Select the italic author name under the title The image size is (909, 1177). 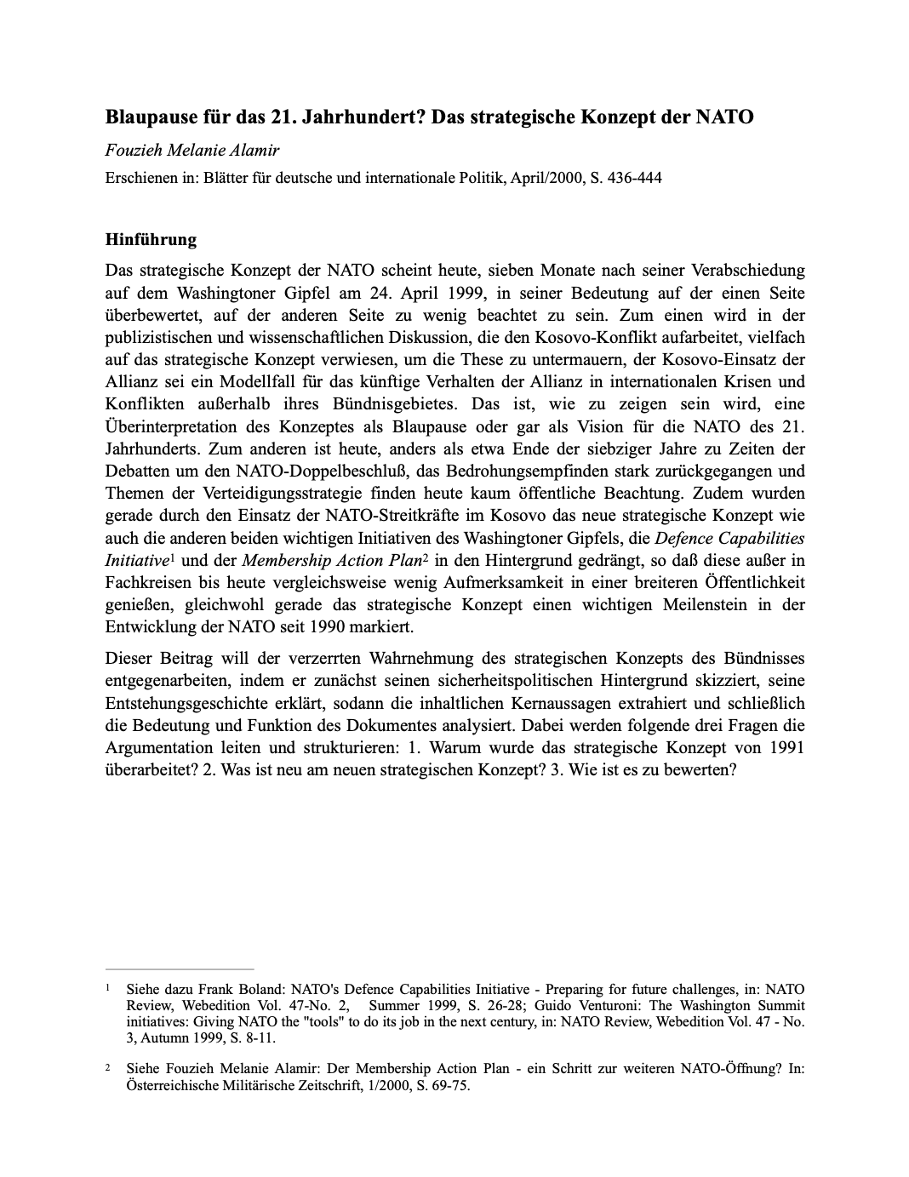coord(192,151)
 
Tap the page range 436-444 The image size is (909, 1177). coord(633,178)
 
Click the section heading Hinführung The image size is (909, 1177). coord(151,239)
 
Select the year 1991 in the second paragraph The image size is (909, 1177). coord(786,747)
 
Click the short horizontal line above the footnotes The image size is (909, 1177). coord(180,968)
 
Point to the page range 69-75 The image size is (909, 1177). coord(448,1086)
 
